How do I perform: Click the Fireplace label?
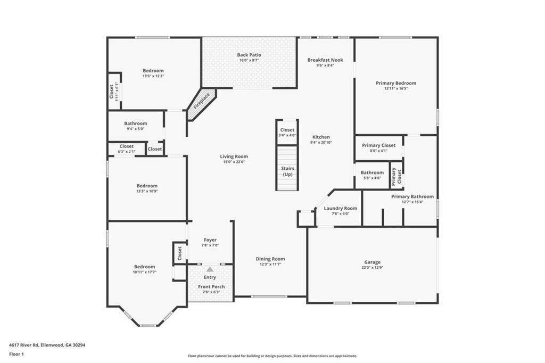coord(202,101)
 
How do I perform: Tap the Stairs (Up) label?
coord(287,171)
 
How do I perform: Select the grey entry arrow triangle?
coord(210,269)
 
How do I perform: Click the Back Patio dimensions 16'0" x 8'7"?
coord(249,60)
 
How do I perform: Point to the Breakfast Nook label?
coord(325,60)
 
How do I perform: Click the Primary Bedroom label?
coord(396,83)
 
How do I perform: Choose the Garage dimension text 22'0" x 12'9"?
coord(372,268)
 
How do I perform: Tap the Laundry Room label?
coord(341,208)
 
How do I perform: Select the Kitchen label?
coord(321,137)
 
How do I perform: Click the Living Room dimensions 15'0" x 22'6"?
coord(234,162)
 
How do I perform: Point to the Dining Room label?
coord(270,259)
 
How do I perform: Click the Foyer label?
coord(210,240)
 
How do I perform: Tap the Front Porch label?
coord(211,286)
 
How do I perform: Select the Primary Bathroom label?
coord(412,196)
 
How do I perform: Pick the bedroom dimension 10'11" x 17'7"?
coord(145,273)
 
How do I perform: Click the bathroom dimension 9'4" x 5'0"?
coord(136,129)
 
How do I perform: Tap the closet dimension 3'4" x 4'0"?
coord(287,135)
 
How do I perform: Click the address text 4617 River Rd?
coord(23,345)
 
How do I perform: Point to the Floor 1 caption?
coord(16,354)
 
